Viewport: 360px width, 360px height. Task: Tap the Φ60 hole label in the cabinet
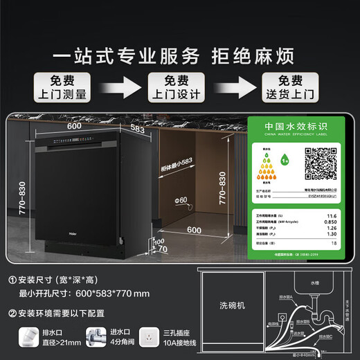click(182, 200)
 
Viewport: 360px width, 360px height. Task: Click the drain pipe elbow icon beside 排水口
click(30, 339)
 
